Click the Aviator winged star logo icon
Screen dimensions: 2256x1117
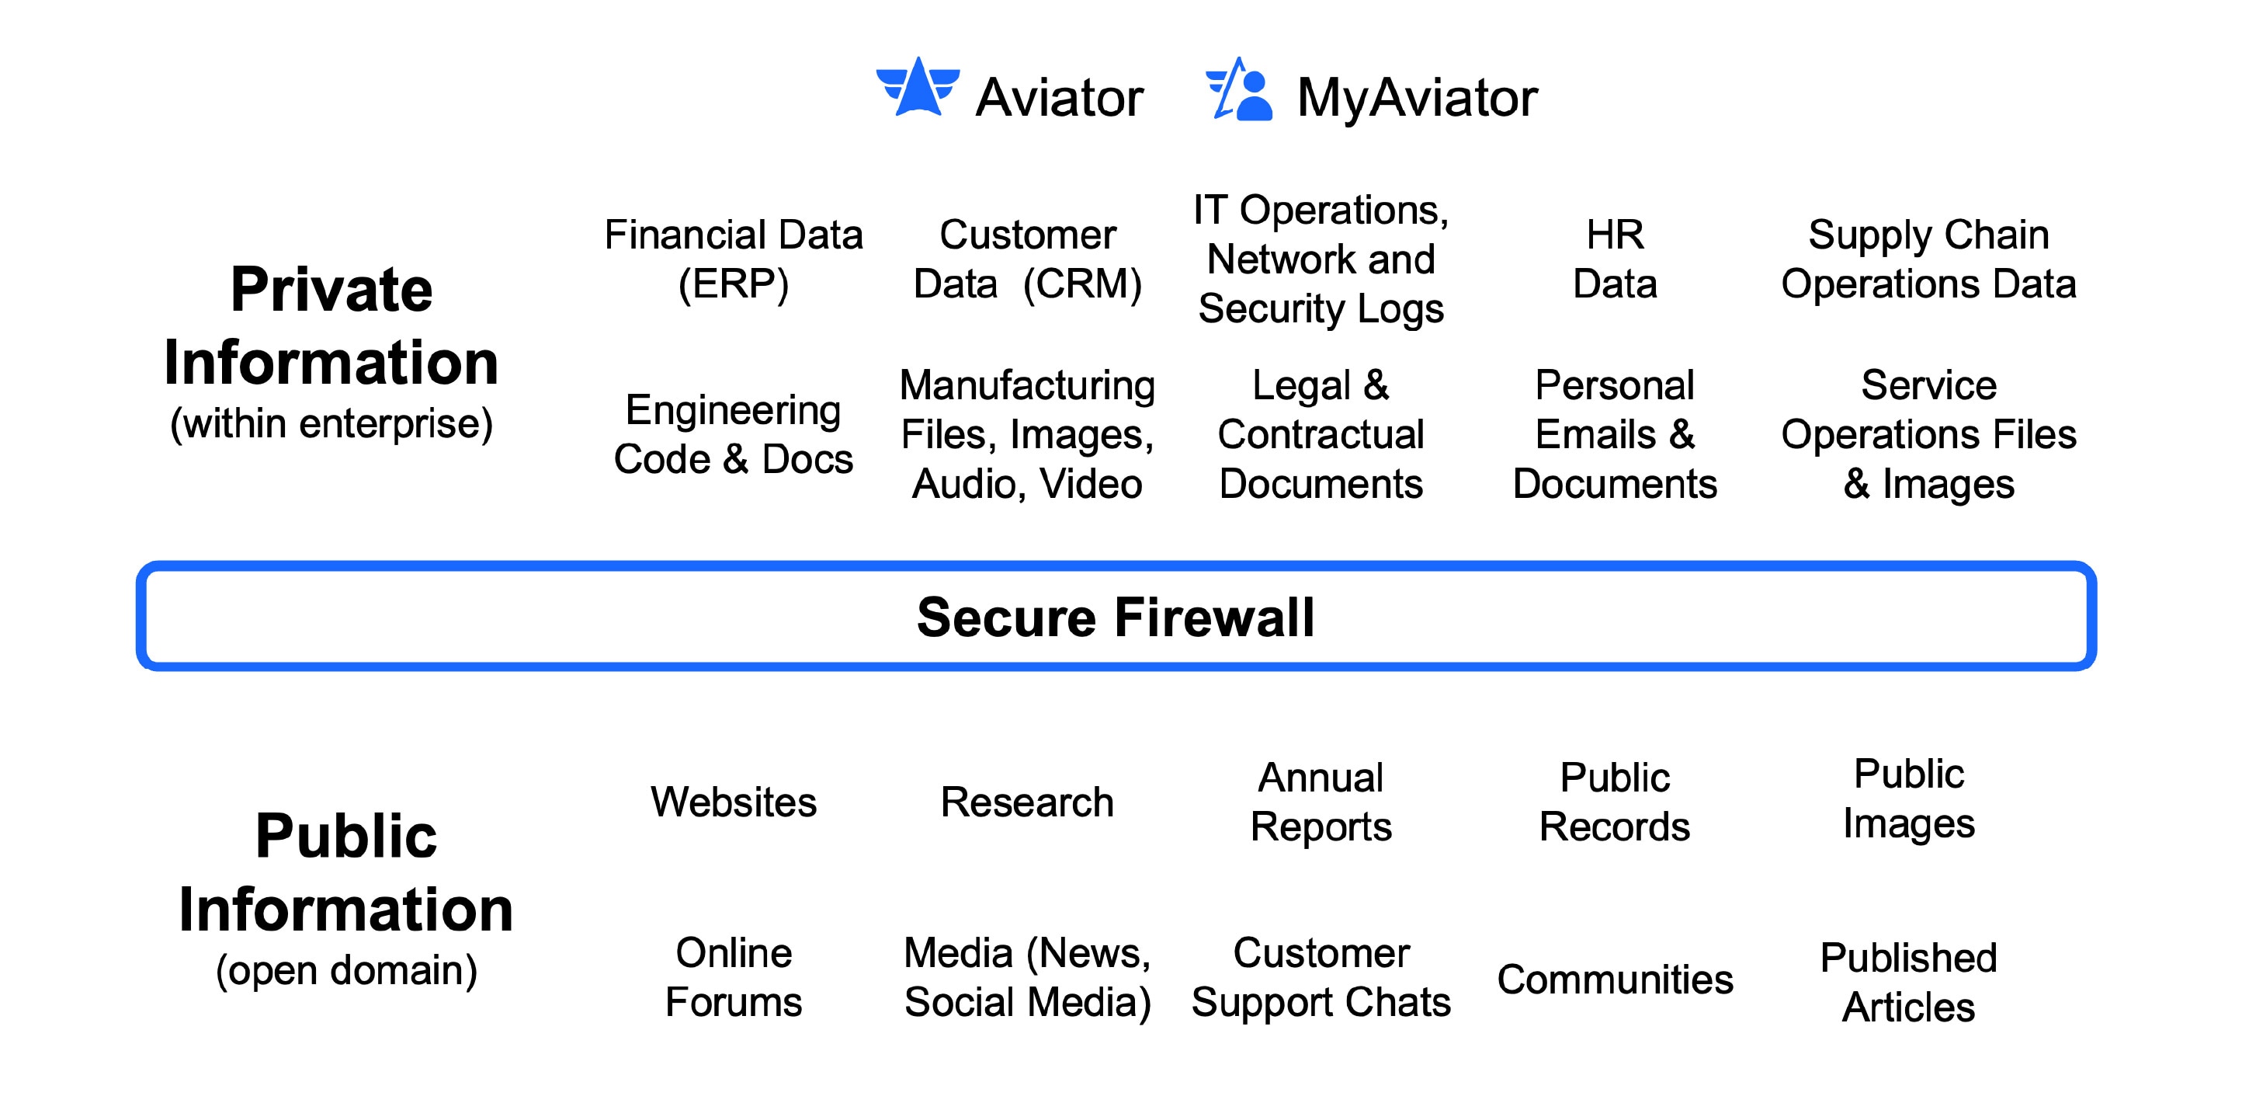918,88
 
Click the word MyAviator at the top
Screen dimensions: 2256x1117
1417,97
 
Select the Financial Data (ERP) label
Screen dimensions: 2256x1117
734,259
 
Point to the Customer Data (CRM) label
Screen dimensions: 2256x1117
1027,259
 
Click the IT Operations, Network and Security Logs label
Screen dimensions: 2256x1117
1321,259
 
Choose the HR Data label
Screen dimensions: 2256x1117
1615,259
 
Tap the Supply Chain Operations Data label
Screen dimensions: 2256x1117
1928,259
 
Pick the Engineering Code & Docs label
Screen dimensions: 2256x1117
734,434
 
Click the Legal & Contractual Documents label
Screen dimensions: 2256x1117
1321,434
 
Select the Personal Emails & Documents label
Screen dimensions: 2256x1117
1615,434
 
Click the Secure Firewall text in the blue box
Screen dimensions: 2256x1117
1116,617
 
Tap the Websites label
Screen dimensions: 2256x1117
734,802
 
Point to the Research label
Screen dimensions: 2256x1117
1027,802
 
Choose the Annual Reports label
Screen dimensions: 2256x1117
1321,802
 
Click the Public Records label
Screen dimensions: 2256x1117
1615,802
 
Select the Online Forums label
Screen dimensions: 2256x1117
734,978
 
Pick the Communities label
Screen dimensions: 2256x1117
1615,980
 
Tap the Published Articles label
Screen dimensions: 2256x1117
1908,983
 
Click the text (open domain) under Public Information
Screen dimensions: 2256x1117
347,971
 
